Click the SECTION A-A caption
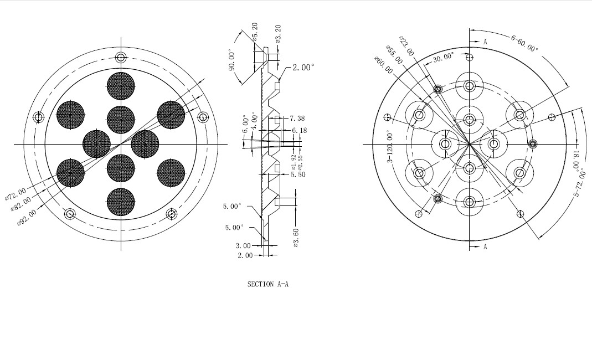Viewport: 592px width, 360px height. tap(267, 284)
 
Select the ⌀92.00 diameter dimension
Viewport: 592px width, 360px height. tap(27, 218)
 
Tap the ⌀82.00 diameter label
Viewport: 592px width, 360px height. tap(21, 204)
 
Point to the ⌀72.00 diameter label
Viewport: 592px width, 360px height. tap(16, 194)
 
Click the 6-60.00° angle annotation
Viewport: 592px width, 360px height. tap(524, 43)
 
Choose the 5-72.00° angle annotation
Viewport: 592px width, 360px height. tap(578, 182)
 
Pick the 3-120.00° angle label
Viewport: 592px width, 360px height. tap(390, 147)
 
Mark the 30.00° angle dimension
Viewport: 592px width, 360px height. tap(443, 58)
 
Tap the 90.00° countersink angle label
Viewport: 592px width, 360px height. tap(232, 60)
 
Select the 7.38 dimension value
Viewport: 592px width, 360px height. tap(297, 118)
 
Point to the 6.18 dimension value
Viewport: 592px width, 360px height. tap(300, 130)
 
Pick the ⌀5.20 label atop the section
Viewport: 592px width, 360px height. tap(255, 32)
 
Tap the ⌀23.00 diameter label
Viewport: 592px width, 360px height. tap(406, 46)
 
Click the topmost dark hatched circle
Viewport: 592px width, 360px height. tap(121, 86)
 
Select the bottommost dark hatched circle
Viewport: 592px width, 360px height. tap(121, 202)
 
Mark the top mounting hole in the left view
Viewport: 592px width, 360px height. tap(121, 58)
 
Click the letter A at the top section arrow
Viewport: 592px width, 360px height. tap(485, 42)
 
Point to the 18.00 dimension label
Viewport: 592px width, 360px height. tap(576, 160)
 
